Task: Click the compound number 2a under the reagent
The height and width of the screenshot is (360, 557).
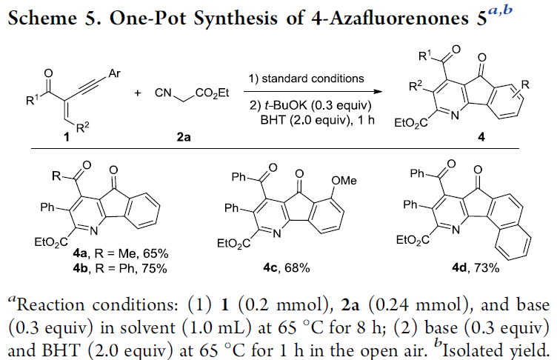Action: tap(184, 137)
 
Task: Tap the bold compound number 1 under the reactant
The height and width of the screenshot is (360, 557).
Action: tap(67, 137)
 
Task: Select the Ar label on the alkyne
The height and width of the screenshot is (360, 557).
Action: tap(114, 73)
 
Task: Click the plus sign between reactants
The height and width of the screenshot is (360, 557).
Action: tap(138, 93)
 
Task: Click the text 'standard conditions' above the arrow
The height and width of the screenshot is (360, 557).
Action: tap(313, 79)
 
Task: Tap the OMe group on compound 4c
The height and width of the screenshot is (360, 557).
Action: tap(344, 181)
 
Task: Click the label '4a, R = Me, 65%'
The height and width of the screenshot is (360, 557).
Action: tap(121, 253)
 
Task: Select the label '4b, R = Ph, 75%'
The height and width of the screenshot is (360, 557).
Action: tap(120, 268)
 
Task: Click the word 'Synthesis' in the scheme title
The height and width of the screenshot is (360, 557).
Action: tap(235, 18)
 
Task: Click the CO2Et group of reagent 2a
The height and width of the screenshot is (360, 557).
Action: tap(212, 93)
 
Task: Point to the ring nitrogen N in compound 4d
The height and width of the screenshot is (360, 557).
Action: tap(456, 230)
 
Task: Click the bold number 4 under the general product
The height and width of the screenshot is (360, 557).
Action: tap(481, 137)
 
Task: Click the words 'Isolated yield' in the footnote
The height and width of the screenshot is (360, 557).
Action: tap(495, 351)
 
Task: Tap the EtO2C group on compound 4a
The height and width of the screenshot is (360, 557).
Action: tap(51, 242)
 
